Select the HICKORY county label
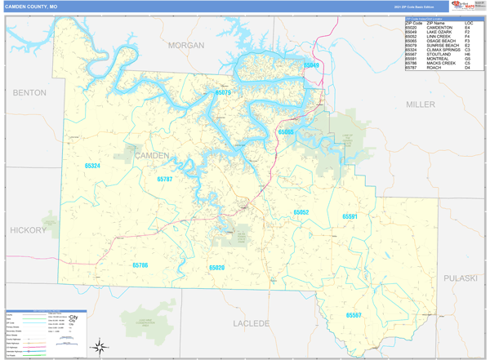[29, 231]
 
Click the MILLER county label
[421, 104]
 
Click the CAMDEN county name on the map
[151, 155]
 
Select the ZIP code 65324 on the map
[92, 166]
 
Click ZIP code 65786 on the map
[140, 264]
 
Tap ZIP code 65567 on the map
[354, 314]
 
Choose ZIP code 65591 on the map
[350, 216]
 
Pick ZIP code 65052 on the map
[301, 212]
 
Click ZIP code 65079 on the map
[223, 93]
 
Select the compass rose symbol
[98, 346]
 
